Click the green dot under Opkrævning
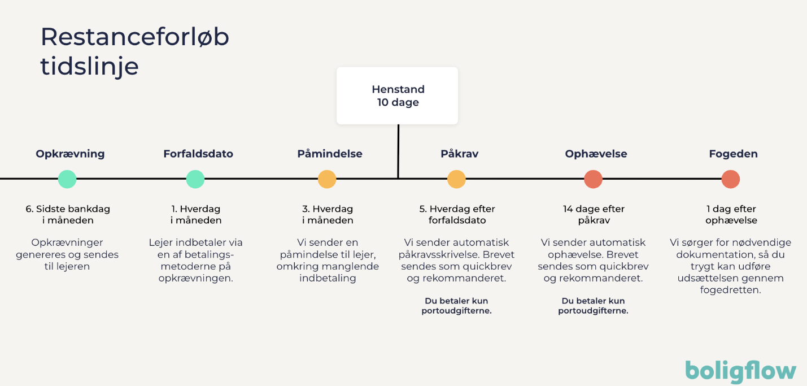pos(67,179)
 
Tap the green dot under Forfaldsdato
pos(195,179)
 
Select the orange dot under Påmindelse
pos(327,179)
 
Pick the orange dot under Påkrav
pos(456,179)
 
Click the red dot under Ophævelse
pos(593,179)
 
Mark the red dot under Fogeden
pos(731,179)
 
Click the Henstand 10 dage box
pos(398,96)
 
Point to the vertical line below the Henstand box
pos(398,151)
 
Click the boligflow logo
pos(741,371)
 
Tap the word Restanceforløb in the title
pos(135,37)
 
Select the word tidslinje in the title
pos(89,66)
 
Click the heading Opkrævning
pos(70,154)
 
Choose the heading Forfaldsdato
pos(198,154)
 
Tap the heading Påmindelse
pos(330,154)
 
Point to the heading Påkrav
pos(459,154)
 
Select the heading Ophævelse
pos(596,154)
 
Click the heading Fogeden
pos(733,154)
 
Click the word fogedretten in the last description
pos(730,290)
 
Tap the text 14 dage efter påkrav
pos(594,214)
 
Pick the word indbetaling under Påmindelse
pos(328,278)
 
